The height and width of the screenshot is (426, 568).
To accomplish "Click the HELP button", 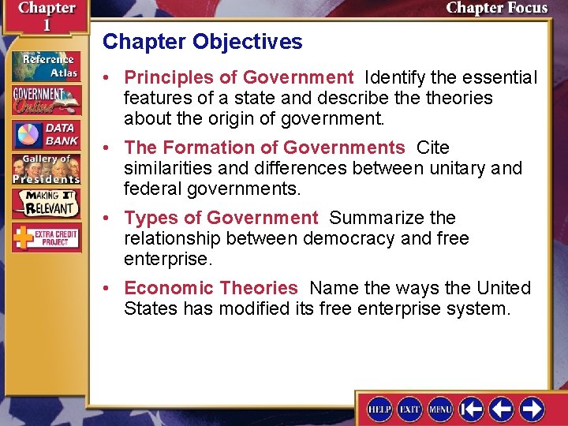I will [x=379, y=409].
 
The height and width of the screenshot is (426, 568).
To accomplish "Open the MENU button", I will [x=440, y=409].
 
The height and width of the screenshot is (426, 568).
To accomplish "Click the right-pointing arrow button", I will [x=532, y=409].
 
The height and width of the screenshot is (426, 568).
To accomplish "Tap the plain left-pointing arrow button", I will [x=502, y=409].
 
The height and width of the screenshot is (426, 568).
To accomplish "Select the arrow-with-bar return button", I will [x=472, y=409].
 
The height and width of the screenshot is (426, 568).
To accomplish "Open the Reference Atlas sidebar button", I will [x=46, y=65].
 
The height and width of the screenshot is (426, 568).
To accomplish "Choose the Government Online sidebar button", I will [x=46, y=100].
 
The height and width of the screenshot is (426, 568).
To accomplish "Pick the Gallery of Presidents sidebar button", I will [x=46, y=168].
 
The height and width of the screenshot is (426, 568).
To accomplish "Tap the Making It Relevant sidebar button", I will [x=46, y=203].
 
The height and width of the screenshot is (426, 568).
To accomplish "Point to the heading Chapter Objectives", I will [x=202, y=42].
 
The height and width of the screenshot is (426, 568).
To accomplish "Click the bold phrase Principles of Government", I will [x=239, y=77].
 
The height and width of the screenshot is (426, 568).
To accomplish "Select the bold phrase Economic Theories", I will [x=211, y=288].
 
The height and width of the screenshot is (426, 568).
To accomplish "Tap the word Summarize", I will [x=378, y=218].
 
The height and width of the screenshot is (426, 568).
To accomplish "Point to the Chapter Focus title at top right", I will [x=496, y=9].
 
